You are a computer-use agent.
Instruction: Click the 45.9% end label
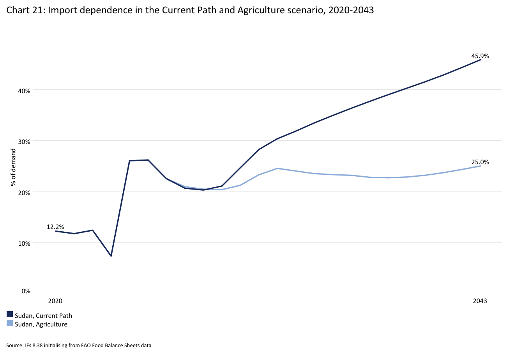coord(480,56)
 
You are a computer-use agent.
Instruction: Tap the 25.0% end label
coord(480,162)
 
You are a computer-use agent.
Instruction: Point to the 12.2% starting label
coord(55,227)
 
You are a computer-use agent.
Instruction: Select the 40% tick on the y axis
coord(25,91)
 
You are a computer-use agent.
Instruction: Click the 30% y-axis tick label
coord(25,142)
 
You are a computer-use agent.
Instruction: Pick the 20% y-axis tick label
coord(25,192)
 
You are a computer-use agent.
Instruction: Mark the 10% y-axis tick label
coord(25,243)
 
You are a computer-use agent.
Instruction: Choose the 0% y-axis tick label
coord(26,291)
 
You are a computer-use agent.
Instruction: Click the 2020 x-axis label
coord(55,301)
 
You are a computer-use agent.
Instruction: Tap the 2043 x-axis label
coord(480,301)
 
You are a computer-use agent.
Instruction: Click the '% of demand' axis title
coord(14,167)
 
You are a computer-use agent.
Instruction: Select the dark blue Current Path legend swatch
coord(10,315)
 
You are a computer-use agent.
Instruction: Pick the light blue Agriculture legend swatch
coord(10,323)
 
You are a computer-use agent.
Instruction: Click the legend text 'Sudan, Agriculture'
coord(41,324)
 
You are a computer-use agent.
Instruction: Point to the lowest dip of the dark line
coord(111,256)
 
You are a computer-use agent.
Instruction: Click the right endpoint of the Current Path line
coord(480,60)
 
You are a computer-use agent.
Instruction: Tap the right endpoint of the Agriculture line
coord(480,166)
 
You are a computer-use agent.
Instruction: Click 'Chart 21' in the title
coord(23,11)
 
